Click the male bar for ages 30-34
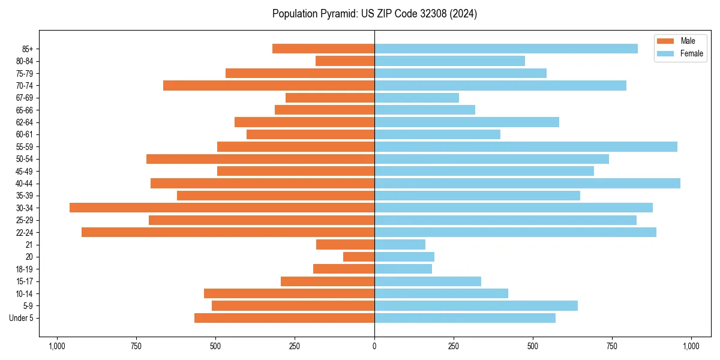(x=222, y=208)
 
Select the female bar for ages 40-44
(x=527, y=183)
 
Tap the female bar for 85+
(x=506, y=49)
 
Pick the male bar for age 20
(x=359, y=257)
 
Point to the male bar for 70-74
(x=269, y=85)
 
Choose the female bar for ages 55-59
(x=526, y=146)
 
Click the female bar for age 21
(x=400, y=244)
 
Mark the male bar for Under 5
(x=284, y=318)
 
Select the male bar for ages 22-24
(x=228, y=232)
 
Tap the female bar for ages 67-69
(x=416, y=98)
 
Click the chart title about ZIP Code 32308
(x=374, y=14)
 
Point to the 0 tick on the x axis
(x=374, y=346)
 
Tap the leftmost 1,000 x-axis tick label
(x=57, y=346)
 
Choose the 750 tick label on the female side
(x=612, y=346)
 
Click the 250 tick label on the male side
(x=295, y=346)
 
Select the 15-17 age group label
(x=25, y=281)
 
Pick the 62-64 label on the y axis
(x=25, y=122)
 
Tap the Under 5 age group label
(x=22, y=318)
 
